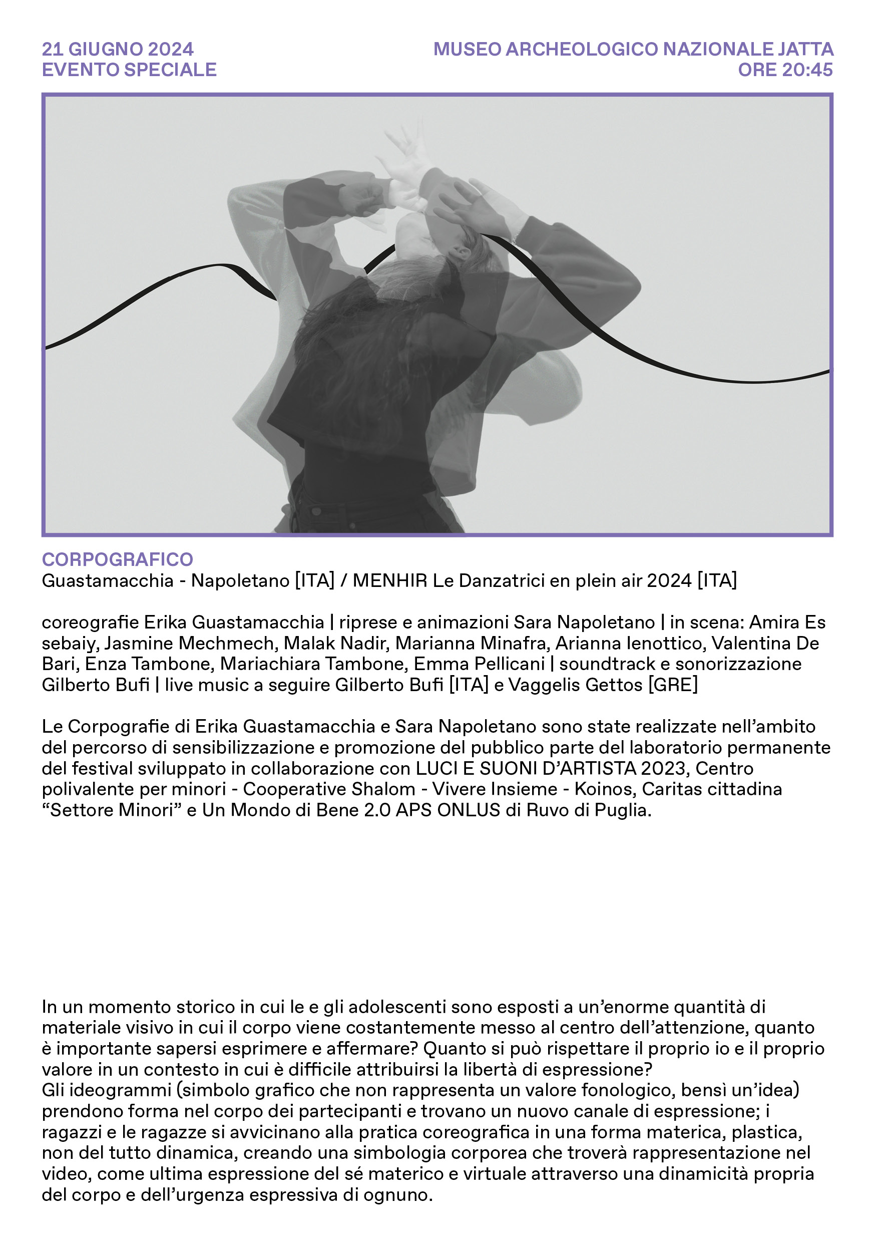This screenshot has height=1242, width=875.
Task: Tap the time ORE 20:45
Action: point(785,70)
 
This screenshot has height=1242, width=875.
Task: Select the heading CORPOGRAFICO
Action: point(117,559)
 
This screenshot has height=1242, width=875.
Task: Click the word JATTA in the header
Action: point(805,49)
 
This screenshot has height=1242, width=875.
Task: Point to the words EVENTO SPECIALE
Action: point(129,70)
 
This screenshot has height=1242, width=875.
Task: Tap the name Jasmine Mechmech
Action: point(189,643)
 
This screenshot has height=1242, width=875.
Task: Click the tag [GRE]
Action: point(673,685)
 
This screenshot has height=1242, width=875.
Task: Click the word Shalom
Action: point(383,789)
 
